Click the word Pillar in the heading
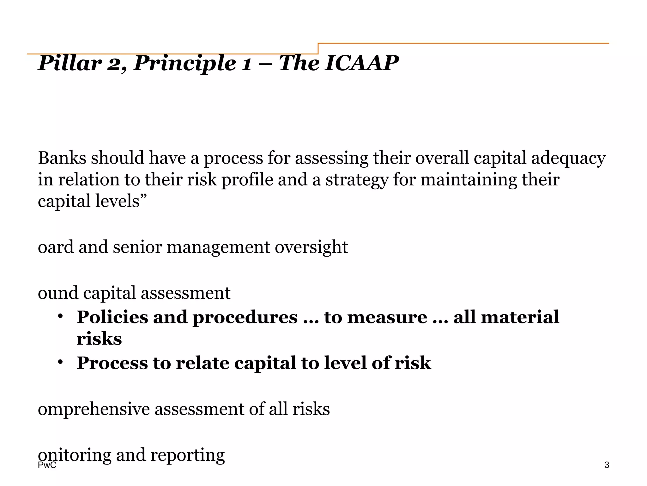[70, 63]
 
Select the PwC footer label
[47, 465]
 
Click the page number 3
[607, 465]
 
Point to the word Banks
[62, 158]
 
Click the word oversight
[311, 247]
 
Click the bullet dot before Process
[60, 362]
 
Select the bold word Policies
[112, 317]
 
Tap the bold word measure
[387, 317]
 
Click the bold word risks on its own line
[99, 339]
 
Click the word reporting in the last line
[187, 455]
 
